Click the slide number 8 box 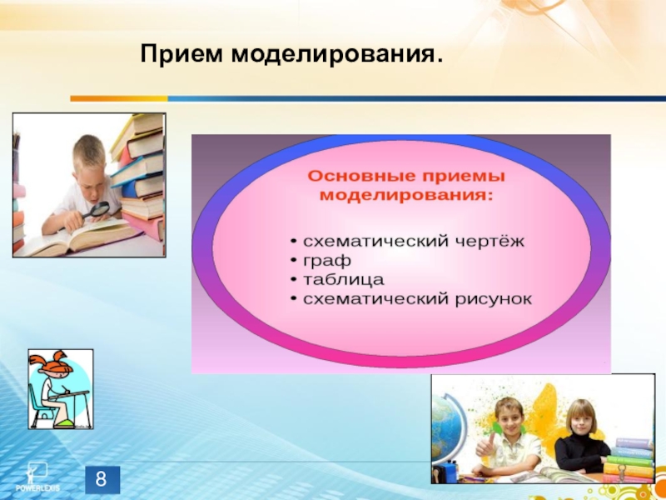pyautogui.click(x=102, y=480)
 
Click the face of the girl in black pyautogui.click(x=580, y=417)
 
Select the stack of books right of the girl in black pyautogui.click(x=629, y=457)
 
